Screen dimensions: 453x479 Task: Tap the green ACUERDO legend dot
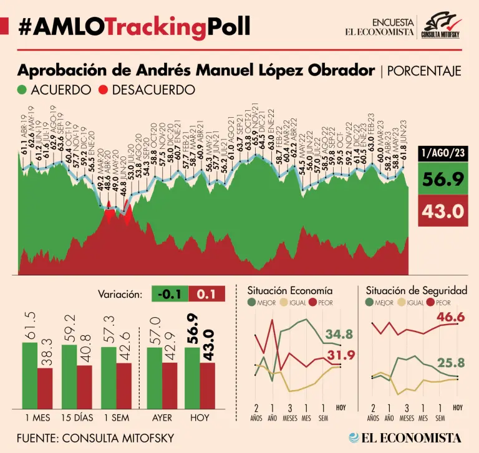tap(23, 90)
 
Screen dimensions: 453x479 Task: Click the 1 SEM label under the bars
tap(116, 417)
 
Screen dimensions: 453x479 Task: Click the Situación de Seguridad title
tap(417, 290)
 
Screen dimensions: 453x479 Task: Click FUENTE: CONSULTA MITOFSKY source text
tap(95, 437)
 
